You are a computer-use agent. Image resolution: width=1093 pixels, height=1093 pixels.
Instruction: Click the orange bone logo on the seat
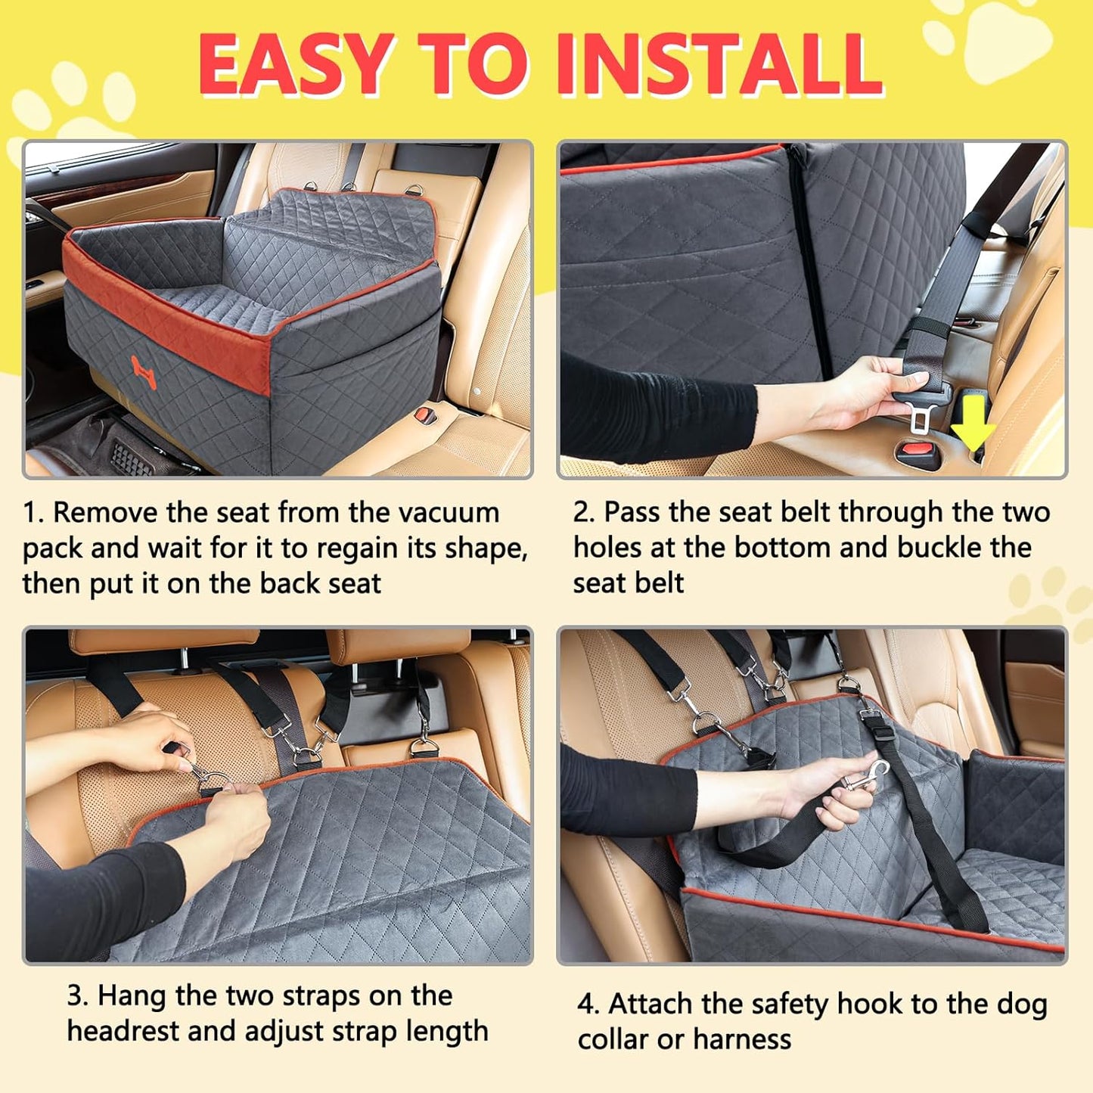pyautogui.click(x=144, y=372)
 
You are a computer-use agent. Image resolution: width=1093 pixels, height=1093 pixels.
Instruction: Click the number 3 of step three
pyautogui.click(x=76, y=996)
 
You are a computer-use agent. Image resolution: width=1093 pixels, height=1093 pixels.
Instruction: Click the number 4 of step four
pyautogui.click(x=587, y=1005)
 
